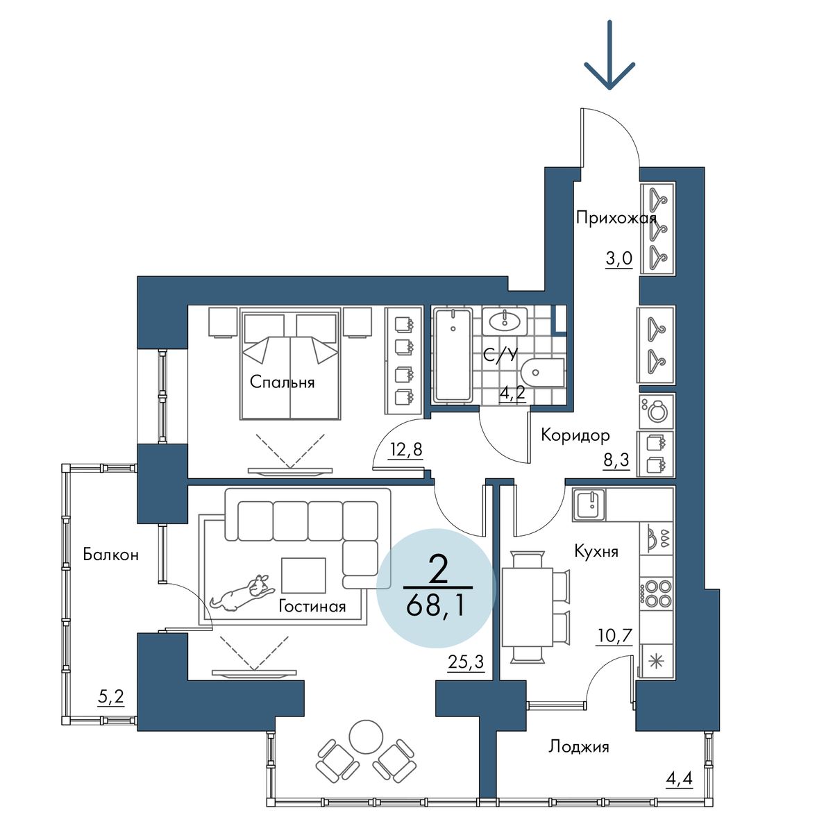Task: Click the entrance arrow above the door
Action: tap(609, 55)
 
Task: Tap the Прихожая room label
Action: tap(616, 218)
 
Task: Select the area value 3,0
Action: tap(619, 259)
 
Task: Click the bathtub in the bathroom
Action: tap(453, 355)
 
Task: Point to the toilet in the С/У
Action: tap(543, 372)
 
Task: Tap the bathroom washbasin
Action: tap(505, 321)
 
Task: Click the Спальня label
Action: tap(282, 382)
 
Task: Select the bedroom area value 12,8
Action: tap(405, 450)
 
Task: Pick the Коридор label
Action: tap(575, 435)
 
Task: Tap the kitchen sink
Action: tap(589, 505)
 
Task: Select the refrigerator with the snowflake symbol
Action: tap(656, 662)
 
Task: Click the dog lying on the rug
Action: tap(242, 593)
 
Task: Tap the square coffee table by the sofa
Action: tap(303, 575)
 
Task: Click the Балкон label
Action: tap(110, 554)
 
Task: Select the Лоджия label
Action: tap(579, 746)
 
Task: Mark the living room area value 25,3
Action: tap(466, 662)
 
